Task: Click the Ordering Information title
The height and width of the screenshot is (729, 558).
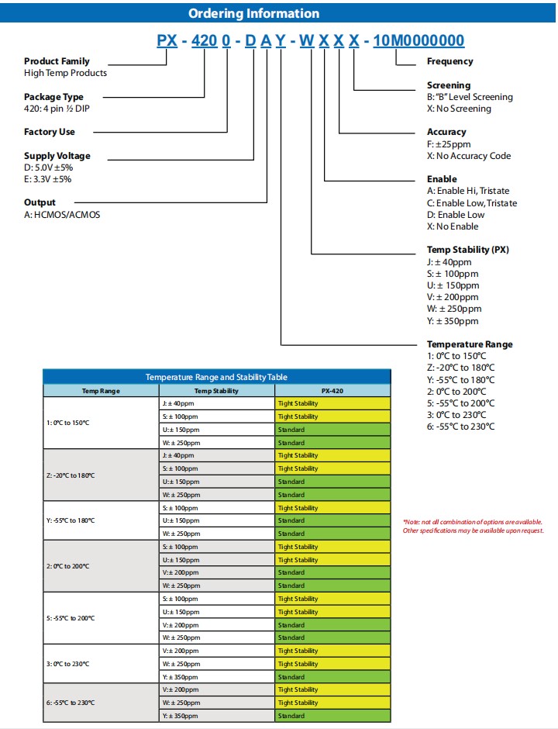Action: pos(253,13)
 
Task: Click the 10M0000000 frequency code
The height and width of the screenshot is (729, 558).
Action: pos(418,40)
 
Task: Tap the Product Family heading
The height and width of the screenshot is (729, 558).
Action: pos(57,61)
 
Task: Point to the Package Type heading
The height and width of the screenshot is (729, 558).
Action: pos(53,97)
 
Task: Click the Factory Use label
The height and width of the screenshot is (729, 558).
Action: pos(50,132)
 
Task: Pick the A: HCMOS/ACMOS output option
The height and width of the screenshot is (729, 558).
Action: pos(62,215)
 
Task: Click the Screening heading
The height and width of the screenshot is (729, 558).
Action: pos(449,85)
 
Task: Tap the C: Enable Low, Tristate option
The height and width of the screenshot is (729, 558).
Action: pos(472,203)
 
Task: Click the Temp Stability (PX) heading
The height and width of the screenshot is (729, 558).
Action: pos(468,250)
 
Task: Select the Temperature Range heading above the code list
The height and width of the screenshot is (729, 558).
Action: pos(470,344)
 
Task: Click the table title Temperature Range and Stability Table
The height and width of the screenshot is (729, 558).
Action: pos(216,377)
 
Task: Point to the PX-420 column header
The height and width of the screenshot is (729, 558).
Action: pos(332,391)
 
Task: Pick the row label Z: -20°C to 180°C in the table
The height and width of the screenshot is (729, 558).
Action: pos(71,475)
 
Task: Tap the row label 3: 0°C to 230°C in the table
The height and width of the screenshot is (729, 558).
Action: pos(68,664)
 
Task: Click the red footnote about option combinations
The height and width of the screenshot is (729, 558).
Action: pos(473,527)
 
